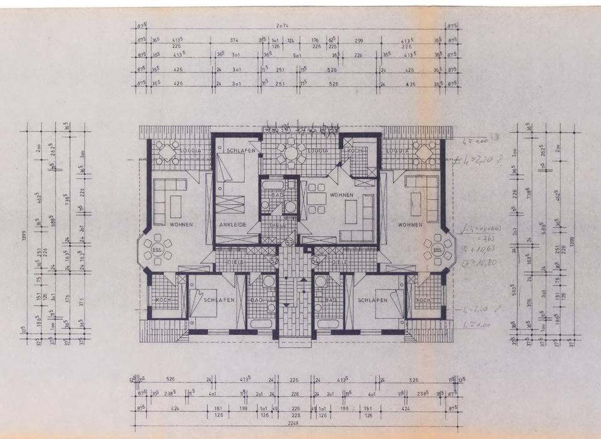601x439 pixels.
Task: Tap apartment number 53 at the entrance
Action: (x=289, y=241)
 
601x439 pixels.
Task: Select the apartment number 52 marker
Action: (x=274, y=260)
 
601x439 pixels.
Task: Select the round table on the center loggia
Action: (x=289, y=153)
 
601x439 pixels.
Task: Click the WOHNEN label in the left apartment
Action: (x=181, y=224)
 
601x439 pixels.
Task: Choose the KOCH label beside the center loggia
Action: (x=355, y=151)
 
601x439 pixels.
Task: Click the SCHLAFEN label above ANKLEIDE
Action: (x=240, y=151)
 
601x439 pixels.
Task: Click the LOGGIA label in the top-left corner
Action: (x=190, y=151)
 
